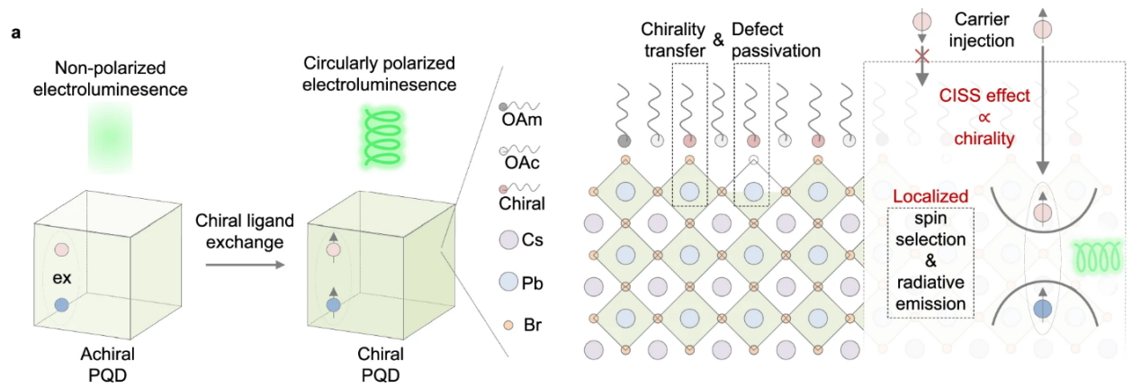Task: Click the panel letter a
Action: [x=16, y=33]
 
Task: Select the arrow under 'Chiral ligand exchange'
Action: [x=242, y=265]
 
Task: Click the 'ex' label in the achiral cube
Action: [x=61, y=277]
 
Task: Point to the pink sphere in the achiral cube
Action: [x=61, y=248]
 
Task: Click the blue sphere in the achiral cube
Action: [x=61, y=306]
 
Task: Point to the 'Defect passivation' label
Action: [x=776, y=41]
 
